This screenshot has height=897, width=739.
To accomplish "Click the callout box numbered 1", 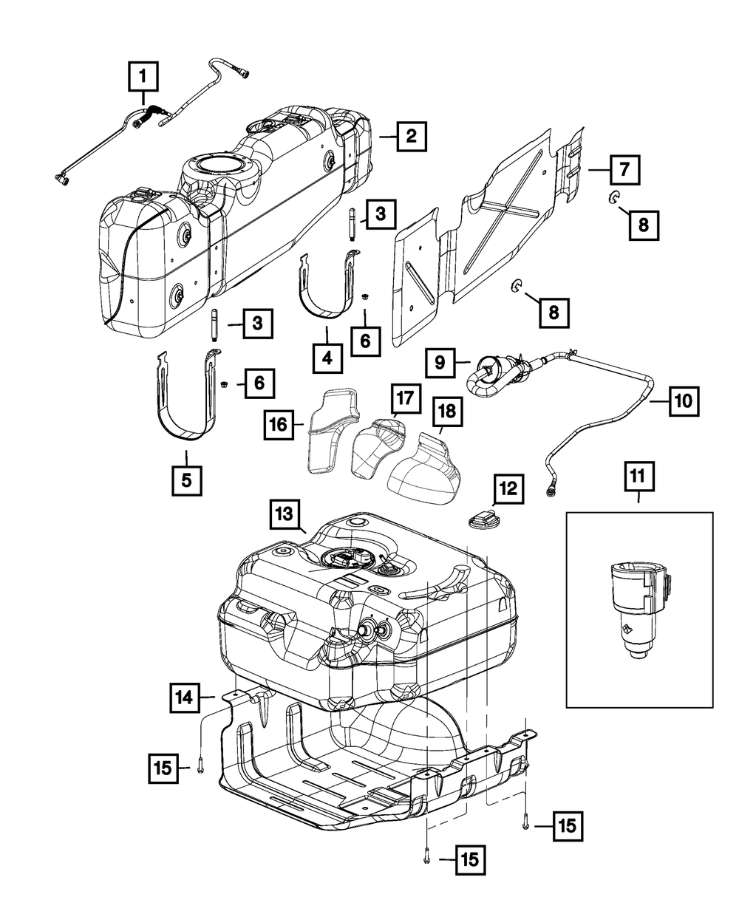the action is point(143,76).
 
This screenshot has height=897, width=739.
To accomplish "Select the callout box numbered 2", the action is point(412,136).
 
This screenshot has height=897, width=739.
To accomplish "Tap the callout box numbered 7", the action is point(624,170).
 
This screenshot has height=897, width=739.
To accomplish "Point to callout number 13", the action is point(285,514).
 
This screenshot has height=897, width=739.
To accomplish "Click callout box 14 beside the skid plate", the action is point(185,698).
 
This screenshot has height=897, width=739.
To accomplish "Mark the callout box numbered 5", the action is point(187,481).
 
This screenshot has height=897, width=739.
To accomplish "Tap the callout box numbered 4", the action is point(328,358).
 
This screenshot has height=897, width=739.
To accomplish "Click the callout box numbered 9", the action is point(440,363).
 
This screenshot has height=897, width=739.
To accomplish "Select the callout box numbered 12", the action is point(508,488).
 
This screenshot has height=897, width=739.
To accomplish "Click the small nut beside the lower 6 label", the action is point(224,383).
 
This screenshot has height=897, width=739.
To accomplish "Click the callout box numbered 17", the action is point(405,398).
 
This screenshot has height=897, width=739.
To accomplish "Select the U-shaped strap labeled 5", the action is point(188,395).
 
